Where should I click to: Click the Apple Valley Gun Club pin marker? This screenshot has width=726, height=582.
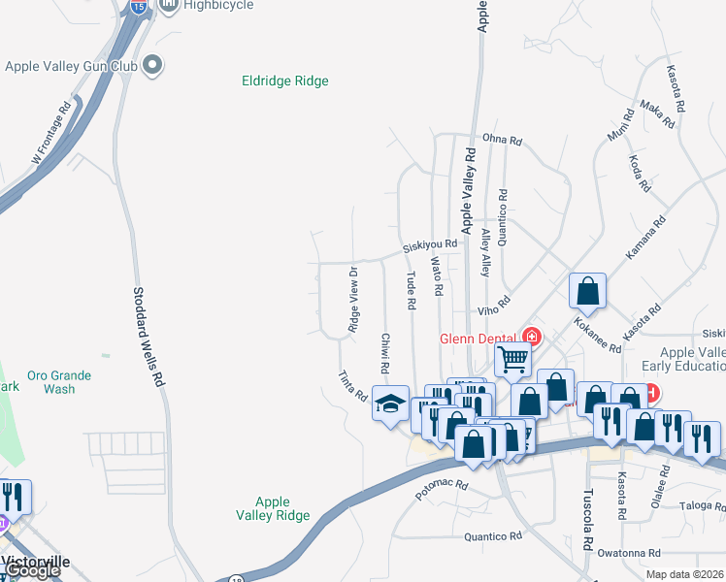coord(152,66)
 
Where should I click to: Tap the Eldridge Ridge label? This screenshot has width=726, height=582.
coord(284,81)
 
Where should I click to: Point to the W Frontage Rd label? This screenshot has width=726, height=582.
coord(50,132)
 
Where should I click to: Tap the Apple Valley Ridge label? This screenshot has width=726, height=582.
coord(273,508)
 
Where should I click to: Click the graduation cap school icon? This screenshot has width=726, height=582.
coord(390,404)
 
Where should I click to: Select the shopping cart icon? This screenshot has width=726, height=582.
coord(512,359)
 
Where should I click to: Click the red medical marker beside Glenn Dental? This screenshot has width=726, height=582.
coord(531,337)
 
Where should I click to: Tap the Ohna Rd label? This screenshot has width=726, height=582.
coord(502,141)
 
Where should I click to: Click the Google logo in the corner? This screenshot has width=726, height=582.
coord(31,570)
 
